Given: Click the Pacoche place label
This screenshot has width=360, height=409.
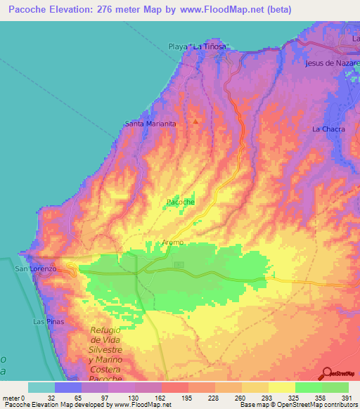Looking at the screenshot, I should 180,202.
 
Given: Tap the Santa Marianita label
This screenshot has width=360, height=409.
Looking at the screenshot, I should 150,124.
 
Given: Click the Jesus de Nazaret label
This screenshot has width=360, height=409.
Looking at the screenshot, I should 333,63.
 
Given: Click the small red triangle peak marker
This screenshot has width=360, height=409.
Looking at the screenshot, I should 195,121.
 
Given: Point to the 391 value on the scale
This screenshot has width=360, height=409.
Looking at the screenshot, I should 347,397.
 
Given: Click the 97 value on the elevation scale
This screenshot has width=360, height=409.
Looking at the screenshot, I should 95,397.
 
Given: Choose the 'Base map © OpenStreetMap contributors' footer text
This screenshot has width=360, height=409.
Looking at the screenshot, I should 296,405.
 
